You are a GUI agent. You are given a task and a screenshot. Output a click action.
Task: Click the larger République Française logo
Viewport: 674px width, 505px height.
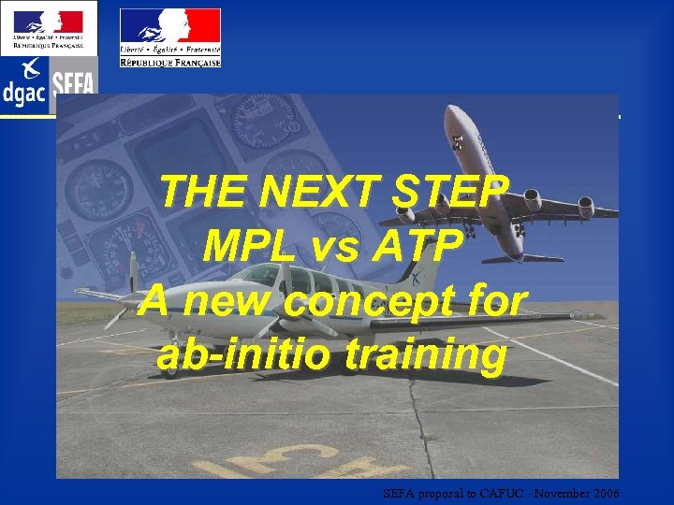click(170, 37)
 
